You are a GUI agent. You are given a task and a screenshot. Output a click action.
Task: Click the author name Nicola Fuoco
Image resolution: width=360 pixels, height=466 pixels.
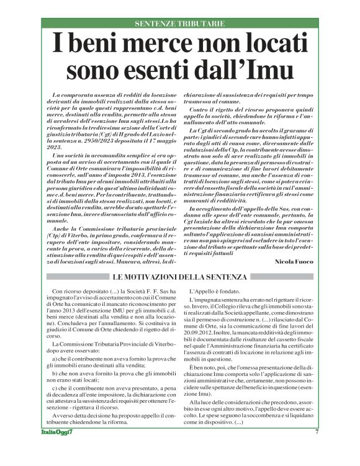[x=294, y=262]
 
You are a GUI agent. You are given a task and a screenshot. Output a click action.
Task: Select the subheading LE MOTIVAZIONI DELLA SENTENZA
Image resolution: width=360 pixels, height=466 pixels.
[x=180, y=276]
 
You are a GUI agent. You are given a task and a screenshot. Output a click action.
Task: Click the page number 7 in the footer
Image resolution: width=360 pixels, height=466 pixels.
[x=316, y=449]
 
